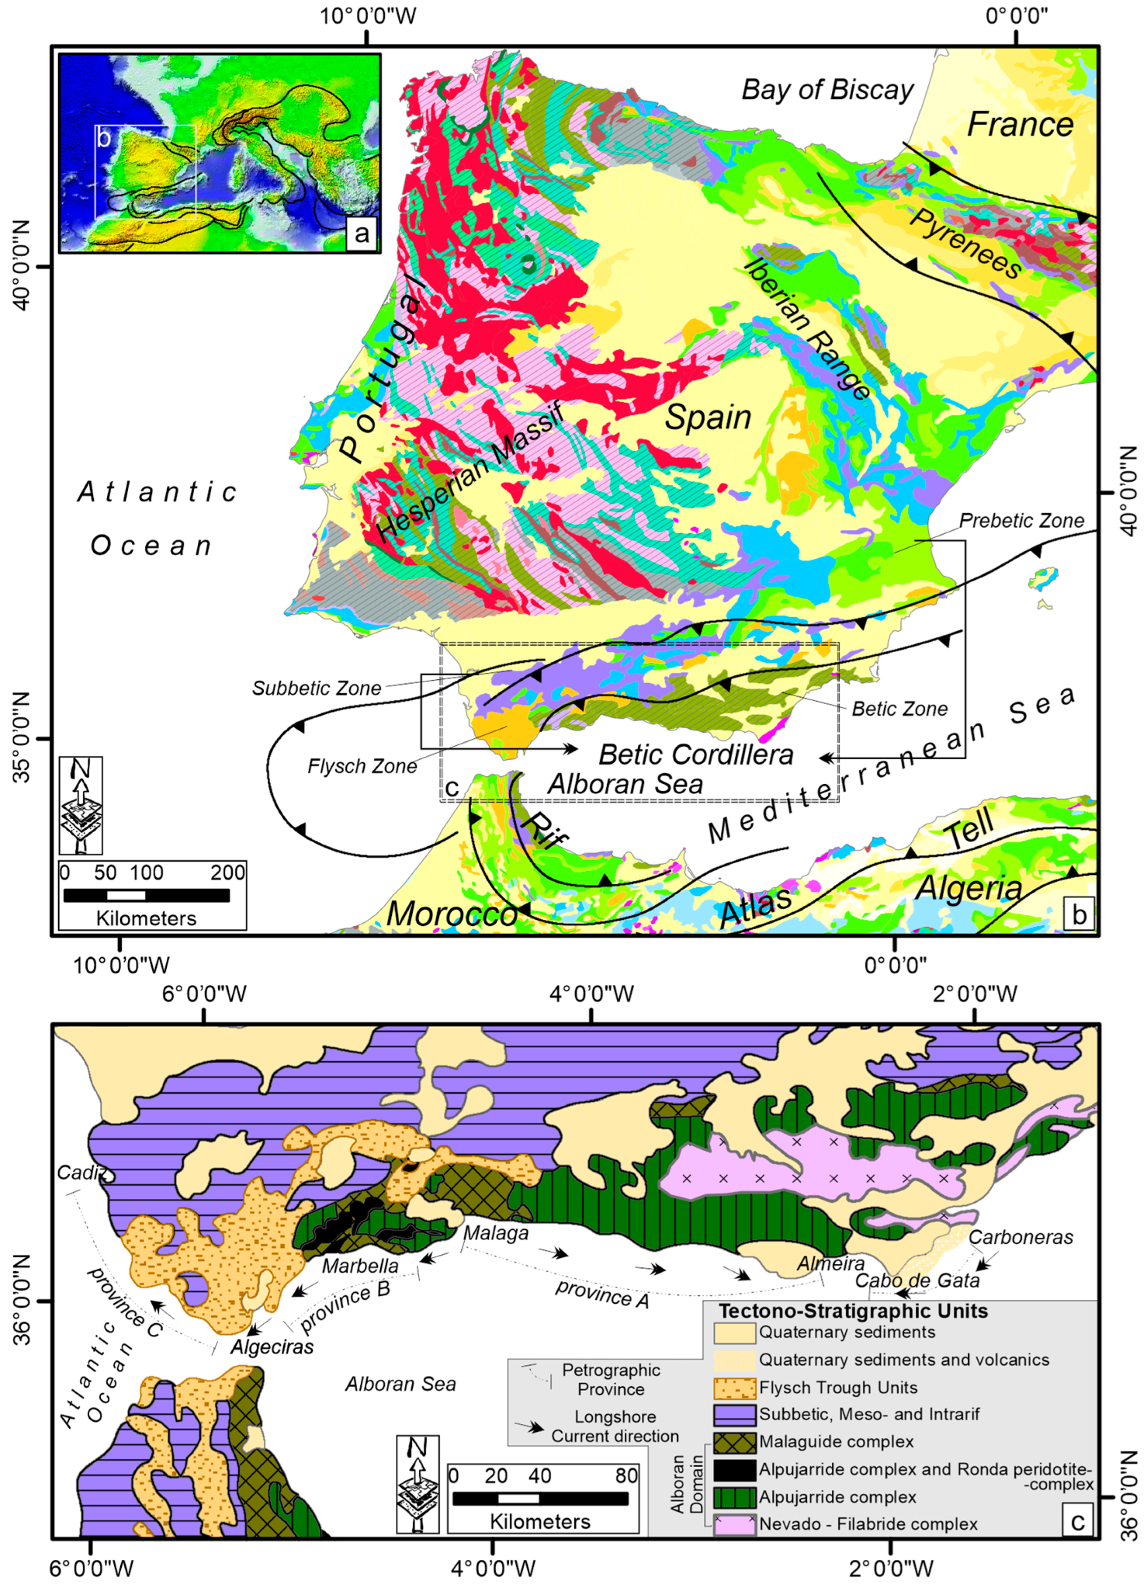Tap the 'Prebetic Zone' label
tap(1021, 521)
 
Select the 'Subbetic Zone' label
tap(317, 688)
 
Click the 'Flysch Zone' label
tap(362, 767)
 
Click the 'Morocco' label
tap(452, 914)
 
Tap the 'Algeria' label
tap(969, 888)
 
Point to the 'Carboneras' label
tap(1020, 1237)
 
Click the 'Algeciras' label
tap(273, 1346)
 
